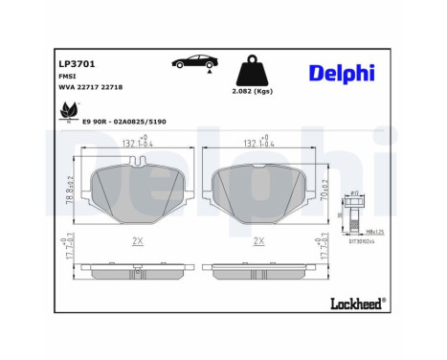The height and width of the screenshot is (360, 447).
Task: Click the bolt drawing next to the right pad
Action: [355, 214]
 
